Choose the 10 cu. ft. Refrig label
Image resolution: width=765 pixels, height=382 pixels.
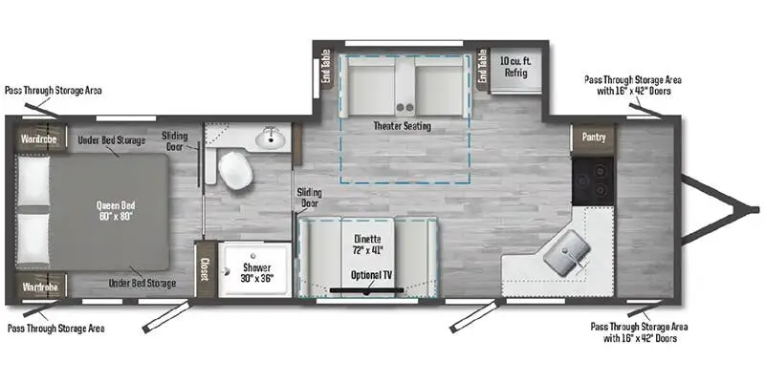pos(514,69)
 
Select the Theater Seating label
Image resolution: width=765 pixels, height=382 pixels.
pos(402,126)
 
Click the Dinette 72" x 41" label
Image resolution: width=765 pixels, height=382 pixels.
pos(367,244)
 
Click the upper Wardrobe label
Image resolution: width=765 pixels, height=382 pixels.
pos(39,139)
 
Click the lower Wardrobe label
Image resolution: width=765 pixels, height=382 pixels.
pos(39,286)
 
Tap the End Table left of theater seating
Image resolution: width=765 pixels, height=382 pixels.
pos(326,68)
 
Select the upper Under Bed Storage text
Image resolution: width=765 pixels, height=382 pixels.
pos(113,140)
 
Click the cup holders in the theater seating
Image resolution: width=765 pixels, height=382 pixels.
pos(405,102)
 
